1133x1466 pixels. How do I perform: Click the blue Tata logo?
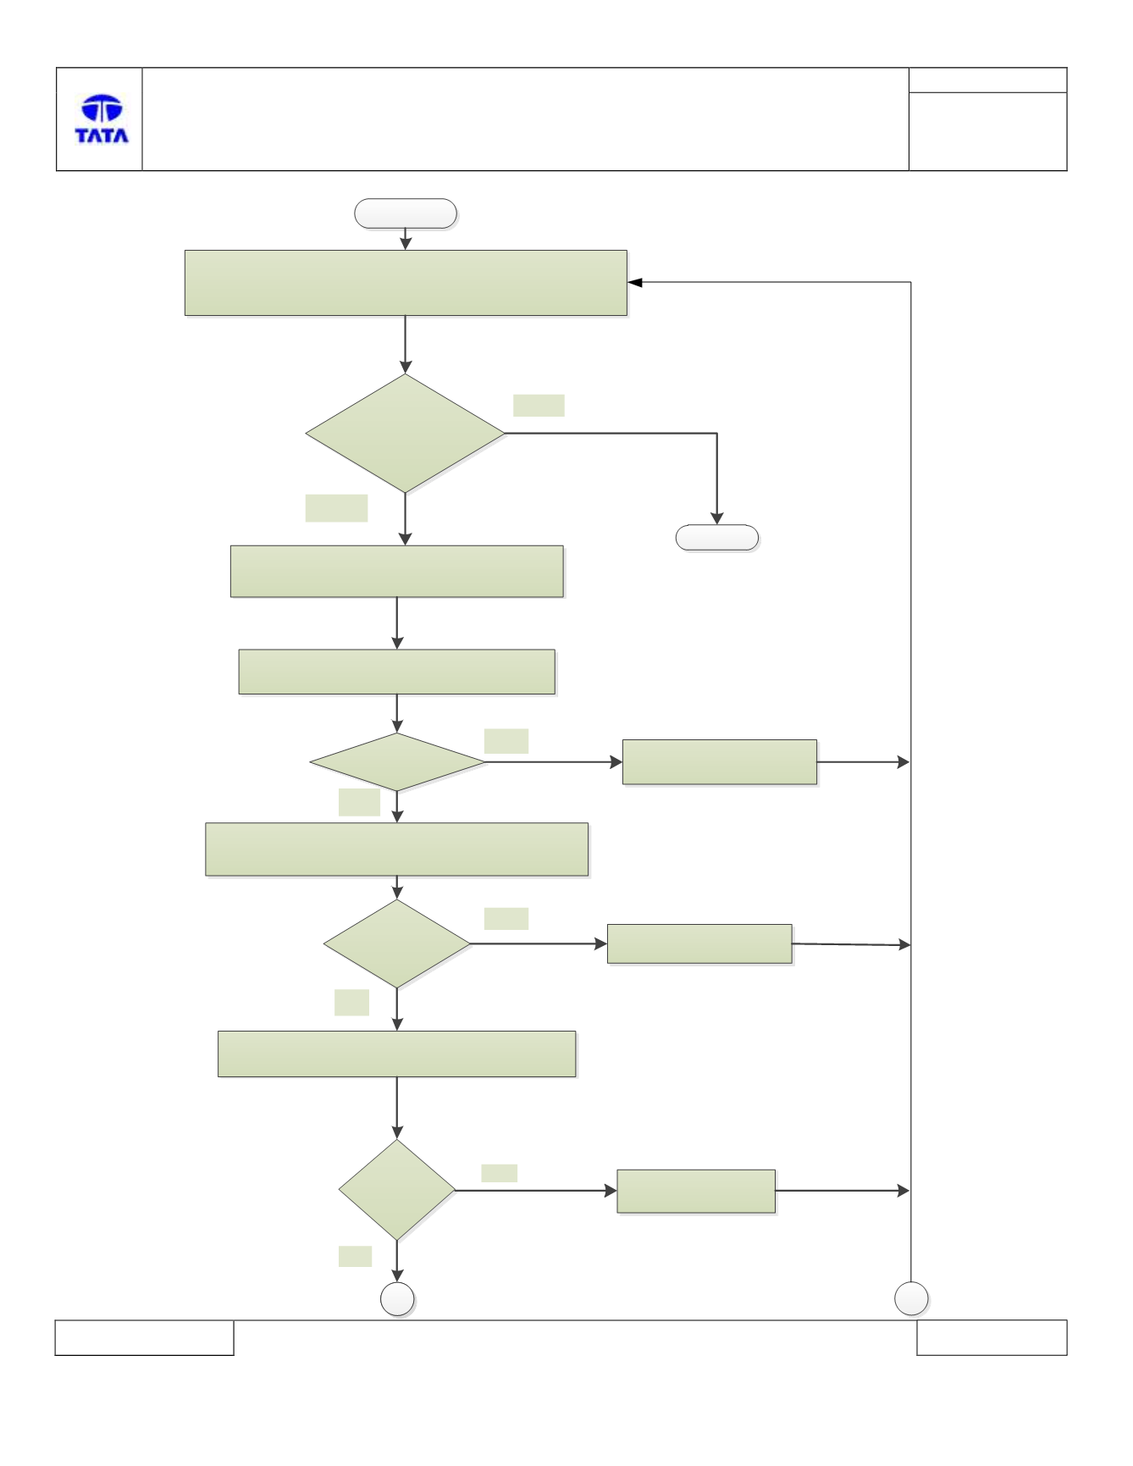point(102,119)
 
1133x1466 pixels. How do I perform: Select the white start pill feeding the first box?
point(406,213)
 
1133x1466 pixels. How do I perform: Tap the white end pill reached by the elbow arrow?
point(717,538)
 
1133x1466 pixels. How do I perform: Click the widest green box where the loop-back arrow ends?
point(406,283)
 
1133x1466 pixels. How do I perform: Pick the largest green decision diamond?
point(406,434)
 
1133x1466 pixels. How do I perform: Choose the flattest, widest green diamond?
point(397,762)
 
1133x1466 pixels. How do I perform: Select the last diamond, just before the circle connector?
point(397,1190)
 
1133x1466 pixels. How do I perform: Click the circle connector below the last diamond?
point(397,1299)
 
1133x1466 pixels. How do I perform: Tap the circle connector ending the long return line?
point(911,1298)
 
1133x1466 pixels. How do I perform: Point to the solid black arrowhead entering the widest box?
point(635,283)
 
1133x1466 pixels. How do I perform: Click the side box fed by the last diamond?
point(696,1191)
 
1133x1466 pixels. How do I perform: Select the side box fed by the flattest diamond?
point(720,762)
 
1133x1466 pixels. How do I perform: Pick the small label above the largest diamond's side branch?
point(539,405)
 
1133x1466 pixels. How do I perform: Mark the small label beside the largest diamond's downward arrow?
point(336,508)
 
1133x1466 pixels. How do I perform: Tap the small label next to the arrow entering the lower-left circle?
point(355,1256)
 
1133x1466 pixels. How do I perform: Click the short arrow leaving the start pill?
point(406,239)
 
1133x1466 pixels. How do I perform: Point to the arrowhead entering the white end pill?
point(717,518)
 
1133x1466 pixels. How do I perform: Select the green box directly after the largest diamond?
point(397,572)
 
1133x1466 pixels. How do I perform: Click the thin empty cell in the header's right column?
point(987,80)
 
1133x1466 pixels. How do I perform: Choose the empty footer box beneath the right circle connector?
point(992,1337)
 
